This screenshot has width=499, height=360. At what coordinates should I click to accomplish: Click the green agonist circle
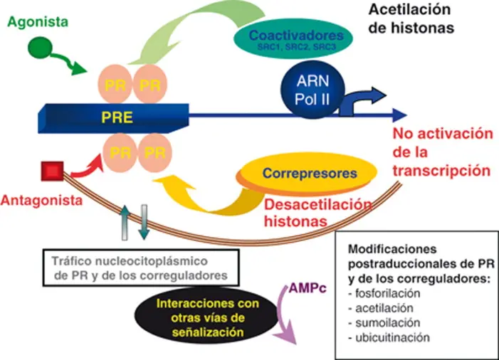[40, 48]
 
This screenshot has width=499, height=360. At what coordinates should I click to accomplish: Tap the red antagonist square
[53, 171]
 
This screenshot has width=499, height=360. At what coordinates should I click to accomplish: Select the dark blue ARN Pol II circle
[312, 90]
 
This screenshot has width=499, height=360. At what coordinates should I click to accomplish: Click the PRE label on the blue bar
[117, 117]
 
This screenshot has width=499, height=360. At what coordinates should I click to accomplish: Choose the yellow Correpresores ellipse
[307, 174]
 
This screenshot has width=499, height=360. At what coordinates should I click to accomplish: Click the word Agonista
[38, 22]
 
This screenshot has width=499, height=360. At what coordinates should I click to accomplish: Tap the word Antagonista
[42, 201]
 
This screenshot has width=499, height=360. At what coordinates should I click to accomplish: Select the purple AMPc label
[308, 288]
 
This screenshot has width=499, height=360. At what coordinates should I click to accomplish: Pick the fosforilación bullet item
[384, 293]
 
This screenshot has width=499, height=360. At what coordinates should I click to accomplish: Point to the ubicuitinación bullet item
[389, 337]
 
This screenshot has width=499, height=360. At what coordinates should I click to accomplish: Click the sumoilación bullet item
[384, 323]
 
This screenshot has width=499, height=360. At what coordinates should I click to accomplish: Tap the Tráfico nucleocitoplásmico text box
[141, 268]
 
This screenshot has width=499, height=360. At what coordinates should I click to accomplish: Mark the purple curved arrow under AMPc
[283, 315]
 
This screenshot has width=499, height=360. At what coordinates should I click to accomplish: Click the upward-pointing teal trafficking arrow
[125, 223]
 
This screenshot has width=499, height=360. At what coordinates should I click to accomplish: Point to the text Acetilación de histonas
[411, 18]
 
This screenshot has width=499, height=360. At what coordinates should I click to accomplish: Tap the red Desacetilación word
[318, 205]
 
